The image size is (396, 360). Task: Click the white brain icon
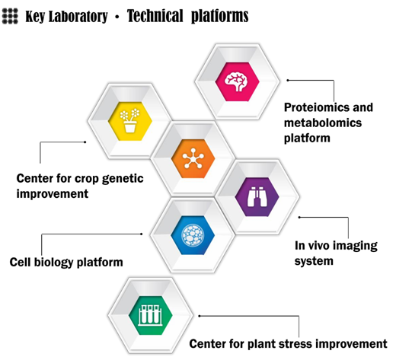click(x=237, y=81)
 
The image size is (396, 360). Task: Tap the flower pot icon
click(x=130, y=120)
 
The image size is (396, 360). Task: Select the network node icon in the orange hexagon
click(x=193, y=158)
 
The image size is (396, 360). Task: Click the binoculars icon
click(x=257, y=196)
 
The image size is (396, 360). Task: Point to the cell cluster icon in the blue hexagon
click(x=193, y=235)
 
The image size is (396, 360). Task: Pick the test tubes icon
click(x=150, y=315)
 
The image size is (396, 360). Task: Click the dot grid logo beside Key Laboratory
click(x=10, y=16)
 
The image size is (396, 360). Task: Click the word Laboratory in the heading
click(x=78, y=17)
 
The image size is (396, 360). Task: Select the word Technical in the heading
click(x=155, y=16)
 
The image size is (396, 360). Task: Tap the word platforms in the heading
click(x=219, y=17)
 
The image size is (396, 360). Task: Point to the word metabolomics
click(x=323, y=123)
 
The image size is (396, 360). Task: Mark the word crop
click(x=87, y=179)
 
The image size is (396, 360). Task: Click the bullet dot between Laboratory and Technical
click(x=117, y=17)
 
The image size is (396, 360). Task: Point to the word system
click(x=314, y=261)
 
